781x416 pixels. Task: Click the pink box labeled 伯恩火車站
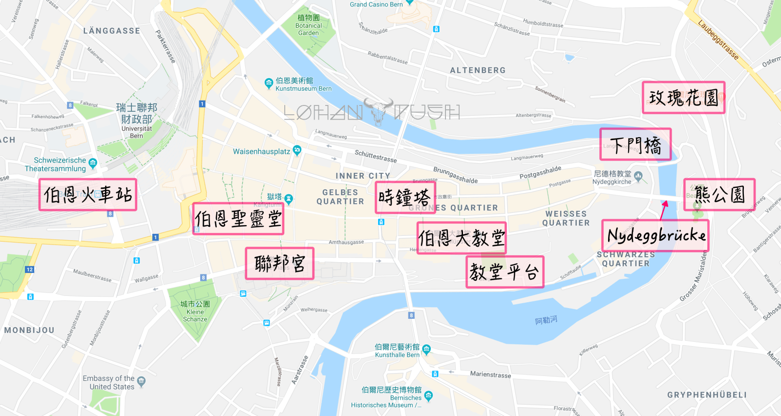click(x=88, y=195)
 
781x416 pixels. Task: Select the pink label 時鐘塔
click(x=405, y=198)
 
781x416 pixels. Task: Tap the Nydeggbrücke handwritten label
click(x=655, y=236)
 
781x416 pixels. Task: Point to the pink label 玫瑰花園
click(x=683, y=98)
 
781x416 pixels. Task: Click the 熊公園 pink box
click(x=719, y=195)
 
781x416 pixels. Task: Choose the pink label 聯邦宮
click(x=279, y=264)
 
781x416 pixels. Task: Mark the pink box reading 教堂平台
click(x=505, y=272)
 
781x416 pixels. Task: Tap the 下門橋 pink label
click(x=635, y=145)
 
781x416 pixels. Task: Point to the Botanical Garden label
click(x=309, y=25)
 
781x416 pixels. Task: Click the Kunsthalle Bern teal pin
click(x=426, y=349)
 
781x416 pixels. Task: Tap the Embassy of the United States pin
click(x=142, y=381)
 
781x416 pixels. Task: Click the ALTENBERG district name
click(x=478, y=70)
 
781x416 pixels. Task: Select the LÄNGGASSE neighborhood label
click(x=111, y=31)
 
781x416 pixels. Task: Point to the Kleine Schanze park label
click(x=195, y=312)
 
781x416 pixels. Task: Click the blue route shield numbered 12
click(x=30, y=270)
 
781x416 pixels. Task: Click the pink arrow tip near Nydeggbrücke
click(x=665, y=202)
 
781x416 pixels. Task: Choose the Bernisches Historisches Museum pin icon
click(x=428, y=395)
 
